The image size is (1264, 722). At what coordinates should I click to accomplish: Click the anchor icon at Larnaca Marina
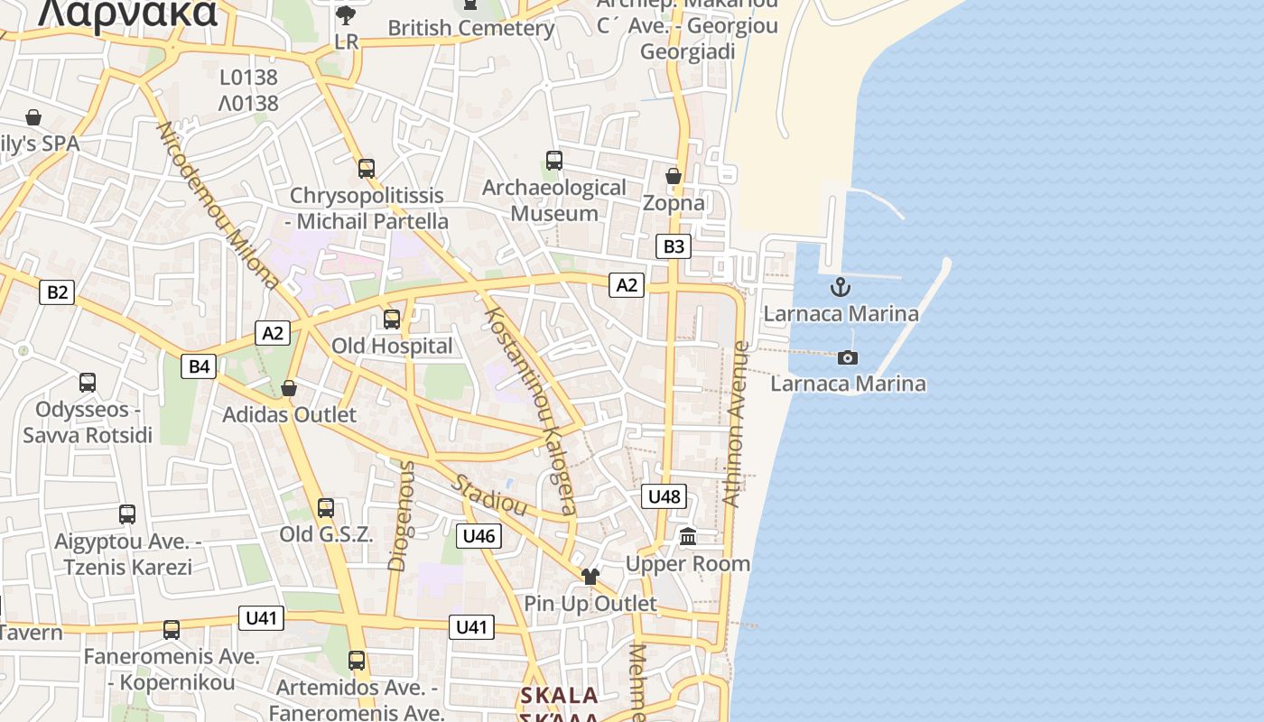841,287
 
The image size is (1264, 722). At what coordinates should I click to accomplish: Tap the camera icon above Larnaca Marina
847,357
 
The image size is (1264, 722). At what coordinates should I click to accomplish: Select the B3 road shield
674,246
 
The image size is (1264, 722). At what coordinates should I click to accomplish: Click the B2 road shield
57,292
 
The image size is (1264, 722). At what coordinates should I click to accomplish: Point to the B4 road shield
199,366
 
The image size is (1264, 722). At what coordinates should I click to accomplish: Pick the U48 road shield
665,495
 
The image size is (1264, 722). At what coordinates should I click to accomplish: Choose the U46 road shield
479,536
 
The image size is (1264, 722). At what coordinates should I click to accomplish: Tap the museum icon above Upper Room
688,537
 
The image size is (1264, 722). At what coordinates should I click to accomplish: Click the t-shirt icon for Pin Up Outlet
590,576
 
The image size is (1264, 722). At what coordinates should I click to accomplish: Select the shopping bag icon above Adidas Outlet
289,388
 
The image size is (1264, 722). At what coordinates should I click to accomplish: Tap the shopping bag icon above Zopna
673,175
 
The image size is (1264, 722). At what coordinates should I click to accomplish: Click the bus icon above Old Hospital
391,319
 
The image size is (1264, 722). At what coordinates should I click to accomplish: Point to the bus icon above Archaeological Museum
553,161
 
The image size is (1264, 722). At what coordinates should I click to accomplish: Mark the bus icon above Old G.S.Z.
325,507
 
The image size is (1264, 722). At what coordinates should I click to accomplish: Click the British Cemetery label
470,28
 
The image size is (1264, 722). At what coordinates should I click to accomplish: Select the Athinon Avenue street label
737,424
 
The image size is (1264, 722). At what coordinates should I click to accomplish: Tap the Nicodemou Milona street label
218,206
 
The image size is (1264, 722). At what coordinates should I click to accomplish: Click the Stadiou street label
489,495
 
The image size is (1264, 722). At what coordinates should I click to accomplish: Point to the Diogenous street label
400,516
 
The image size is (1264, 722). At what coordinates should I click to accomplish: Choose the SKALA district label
559,696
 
